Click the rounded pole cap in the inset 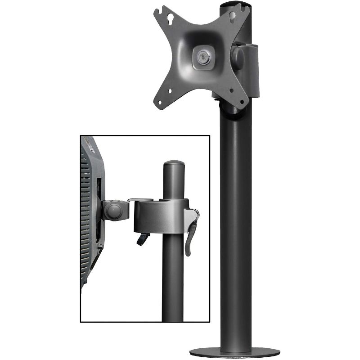point(173,164)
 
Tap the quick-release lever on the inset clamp point(191,234)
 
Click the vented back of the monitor point(90,211)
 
